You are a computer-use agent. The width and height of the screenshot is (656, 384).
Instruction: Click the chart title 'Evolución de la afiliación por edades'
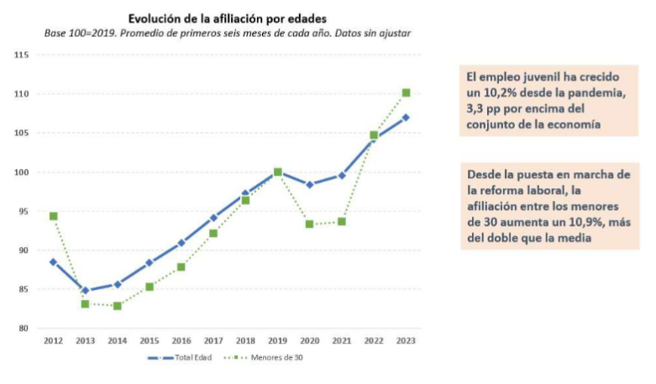point(227,17)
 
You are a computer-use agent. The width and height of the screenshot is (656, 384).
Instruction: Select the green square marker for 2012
point(53,216)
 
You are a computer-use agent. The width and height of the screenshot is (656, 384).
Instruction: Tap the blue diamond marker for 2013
point(86,291)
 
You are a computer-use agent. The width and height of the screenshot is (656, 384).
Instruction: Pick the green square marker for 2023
point(406,92)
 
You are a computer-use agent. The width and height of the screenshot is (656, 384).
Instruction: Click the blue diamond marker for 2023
point(406,118)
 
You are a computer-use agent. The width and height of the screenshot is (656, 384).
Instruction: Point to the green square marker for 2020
point(309,224)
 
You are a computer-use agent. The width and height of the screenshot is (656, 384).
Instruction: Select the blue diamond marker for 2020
point(309,185)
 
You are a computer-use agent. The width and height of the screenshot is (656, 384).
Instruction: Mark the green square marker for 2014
point(118,306)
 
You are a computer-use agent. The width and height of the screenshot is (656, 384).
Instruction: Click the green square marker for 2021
point(342,221)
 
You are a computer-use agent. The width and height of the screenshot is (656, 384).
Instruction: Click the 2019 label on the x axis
point(277,341)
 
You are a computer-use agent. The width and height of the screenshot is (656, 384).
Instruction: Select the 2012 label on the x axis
point(53,341)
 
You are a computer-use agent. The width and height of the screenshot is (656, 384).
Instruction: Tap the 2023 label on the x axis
point(406,341)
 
